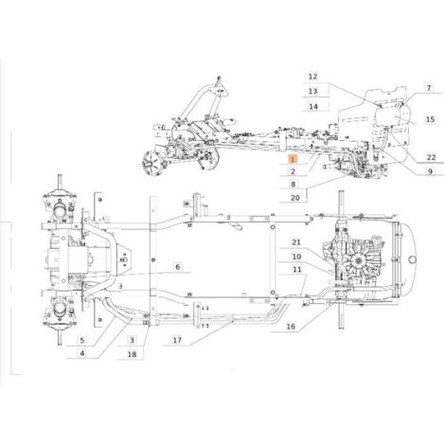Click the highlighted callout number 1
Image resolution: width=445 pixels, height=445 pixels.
pos(293,159)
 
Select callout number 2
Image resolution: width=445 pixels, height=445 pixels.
pos(293,171)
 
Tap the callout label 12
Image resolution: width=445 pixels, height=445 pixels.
pos(312,77)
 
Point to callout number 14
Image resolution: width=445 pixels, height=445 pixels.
pos(313,106)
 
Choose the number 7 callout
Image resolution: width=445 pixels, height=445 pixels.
pos(428,88)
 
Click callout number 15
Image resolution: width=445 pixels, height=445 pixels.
pos(430,119)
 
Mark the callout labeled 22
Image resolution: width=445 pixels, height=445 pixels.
pos(431,157)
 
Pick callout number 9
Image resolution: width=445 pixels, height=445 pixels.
pos(430,171)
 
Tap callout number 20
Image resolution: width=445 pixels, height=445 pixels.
pos(295,198)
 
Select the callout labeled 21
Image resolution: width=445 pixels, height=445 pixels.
pos(296,242)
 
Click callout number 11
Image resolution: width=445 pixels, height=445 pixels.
pos(296,269)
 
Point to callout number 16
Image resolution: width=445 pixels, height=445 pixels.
pos(291,326)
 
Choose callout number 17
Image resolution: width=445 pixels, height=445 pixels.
pos(177,340)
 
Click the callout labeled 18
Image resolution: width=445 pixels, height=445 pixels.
pos(132,354)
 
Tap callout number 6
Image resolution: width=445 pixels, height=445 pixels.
pos(178,267)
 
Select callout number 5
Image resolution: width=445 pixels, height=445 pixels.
pos(82,340)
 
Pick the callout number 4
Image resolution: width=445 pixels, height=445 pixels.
pos(82,353)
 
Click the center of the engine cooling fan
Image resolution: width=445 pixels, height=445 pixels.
pos(358,260)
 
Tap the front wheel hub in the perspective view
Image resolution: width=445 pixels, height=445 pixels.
pos(151,163)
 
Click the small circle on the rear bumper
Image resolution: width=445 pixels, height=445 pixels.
pos(413,259)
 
